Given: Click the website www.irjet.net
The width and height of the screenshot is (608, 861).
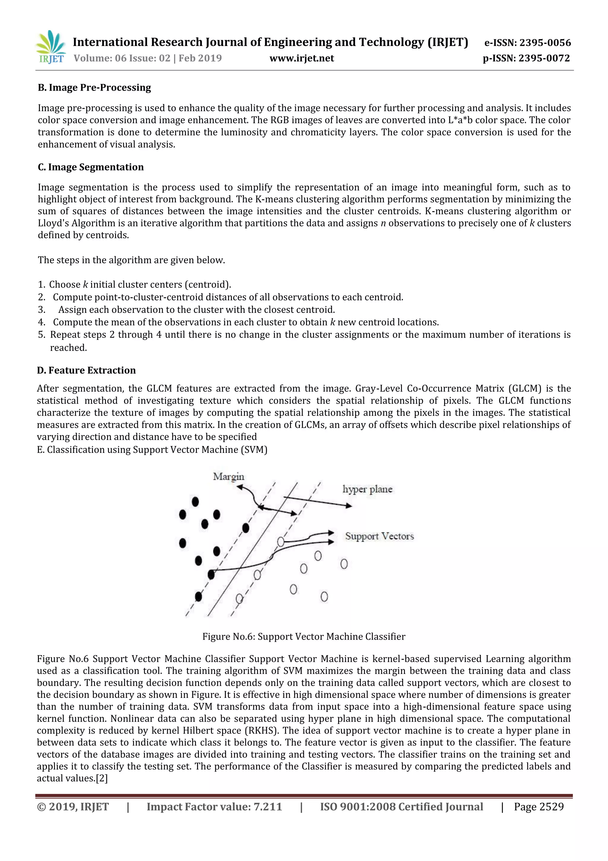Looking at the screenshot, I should [302, 58].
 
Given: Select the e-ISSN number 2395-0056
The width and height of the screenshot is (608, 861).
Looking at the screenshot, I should [545, 43].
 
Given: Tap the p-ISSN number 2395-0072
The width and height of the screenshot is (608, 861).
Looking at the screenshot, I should [544, 58].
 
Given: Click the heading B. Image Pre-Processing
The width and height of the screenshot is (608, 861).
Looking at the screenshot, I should [94, 87].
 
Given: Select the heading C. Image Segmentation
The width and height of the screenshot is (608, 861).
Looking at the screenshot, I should [91, 167].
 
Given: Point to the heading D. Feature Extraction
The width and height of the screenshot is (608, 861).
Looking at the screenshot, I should [86, 370].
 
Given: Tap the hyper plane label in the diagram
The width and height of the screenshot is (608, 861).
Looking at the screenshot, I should [367, 489].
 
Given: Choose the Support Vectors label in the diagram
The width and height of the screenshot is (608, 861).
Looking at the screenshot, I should [379, 536].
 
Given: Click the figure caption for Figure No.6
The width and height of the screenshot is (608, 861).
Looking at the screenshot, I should [304, 636].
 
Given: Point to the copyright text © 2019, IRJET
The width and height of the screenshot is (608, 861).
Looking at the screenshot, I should [73, 807].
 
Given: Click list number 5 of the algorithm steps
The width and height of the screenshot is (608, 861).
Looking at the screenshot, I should [42, 335].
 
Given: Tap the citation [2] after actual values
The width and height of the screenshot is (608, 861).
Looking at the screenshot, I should [102, 778].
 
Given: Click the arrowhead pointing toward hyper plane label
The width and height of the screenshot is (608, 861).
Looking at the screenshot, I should [349, 506].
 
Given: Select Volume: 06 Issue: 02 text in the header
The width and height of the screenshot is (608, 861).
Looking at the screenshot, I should [122, 58].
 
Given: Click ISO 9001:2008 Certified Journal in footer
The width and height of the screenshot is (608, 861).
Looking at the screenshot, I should [401, 807].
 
